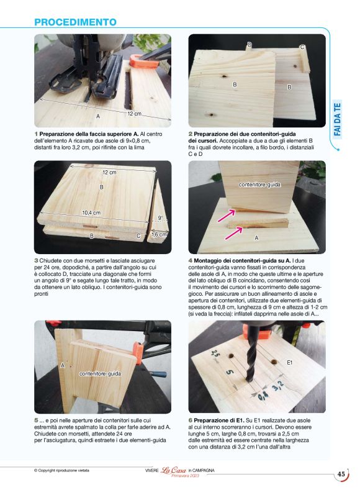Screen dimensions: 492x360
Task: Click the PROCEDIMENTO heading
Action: click(x=75, y=22)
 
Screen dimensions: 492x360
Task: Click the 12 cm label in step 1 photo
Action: click(x=134, y=114)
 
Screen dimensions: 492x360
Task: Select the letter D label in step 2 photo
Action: click(x=250, y=45)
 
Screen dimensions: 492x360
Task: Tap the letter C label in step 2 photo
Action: click(x=302, y=47)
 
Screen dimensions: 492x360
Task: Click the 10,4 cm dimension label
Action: click(x=91, y=212)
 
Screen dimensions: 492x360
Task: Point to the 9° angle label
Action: click(x=160, y=218)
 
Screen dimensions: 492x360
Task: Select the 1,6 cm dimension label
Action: click(x=159, y=235)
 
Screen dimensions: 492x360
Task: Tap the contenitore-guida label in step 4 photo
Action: click(x=259, y=185)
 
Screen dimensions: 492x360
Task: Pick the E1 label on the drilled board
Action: click(x=290, y=362)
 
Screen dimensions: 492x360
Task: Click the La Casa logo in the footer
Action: click(x=173, y=470)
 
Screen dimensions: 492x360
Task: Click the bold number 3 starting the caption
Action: click(x=36, y=260)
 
